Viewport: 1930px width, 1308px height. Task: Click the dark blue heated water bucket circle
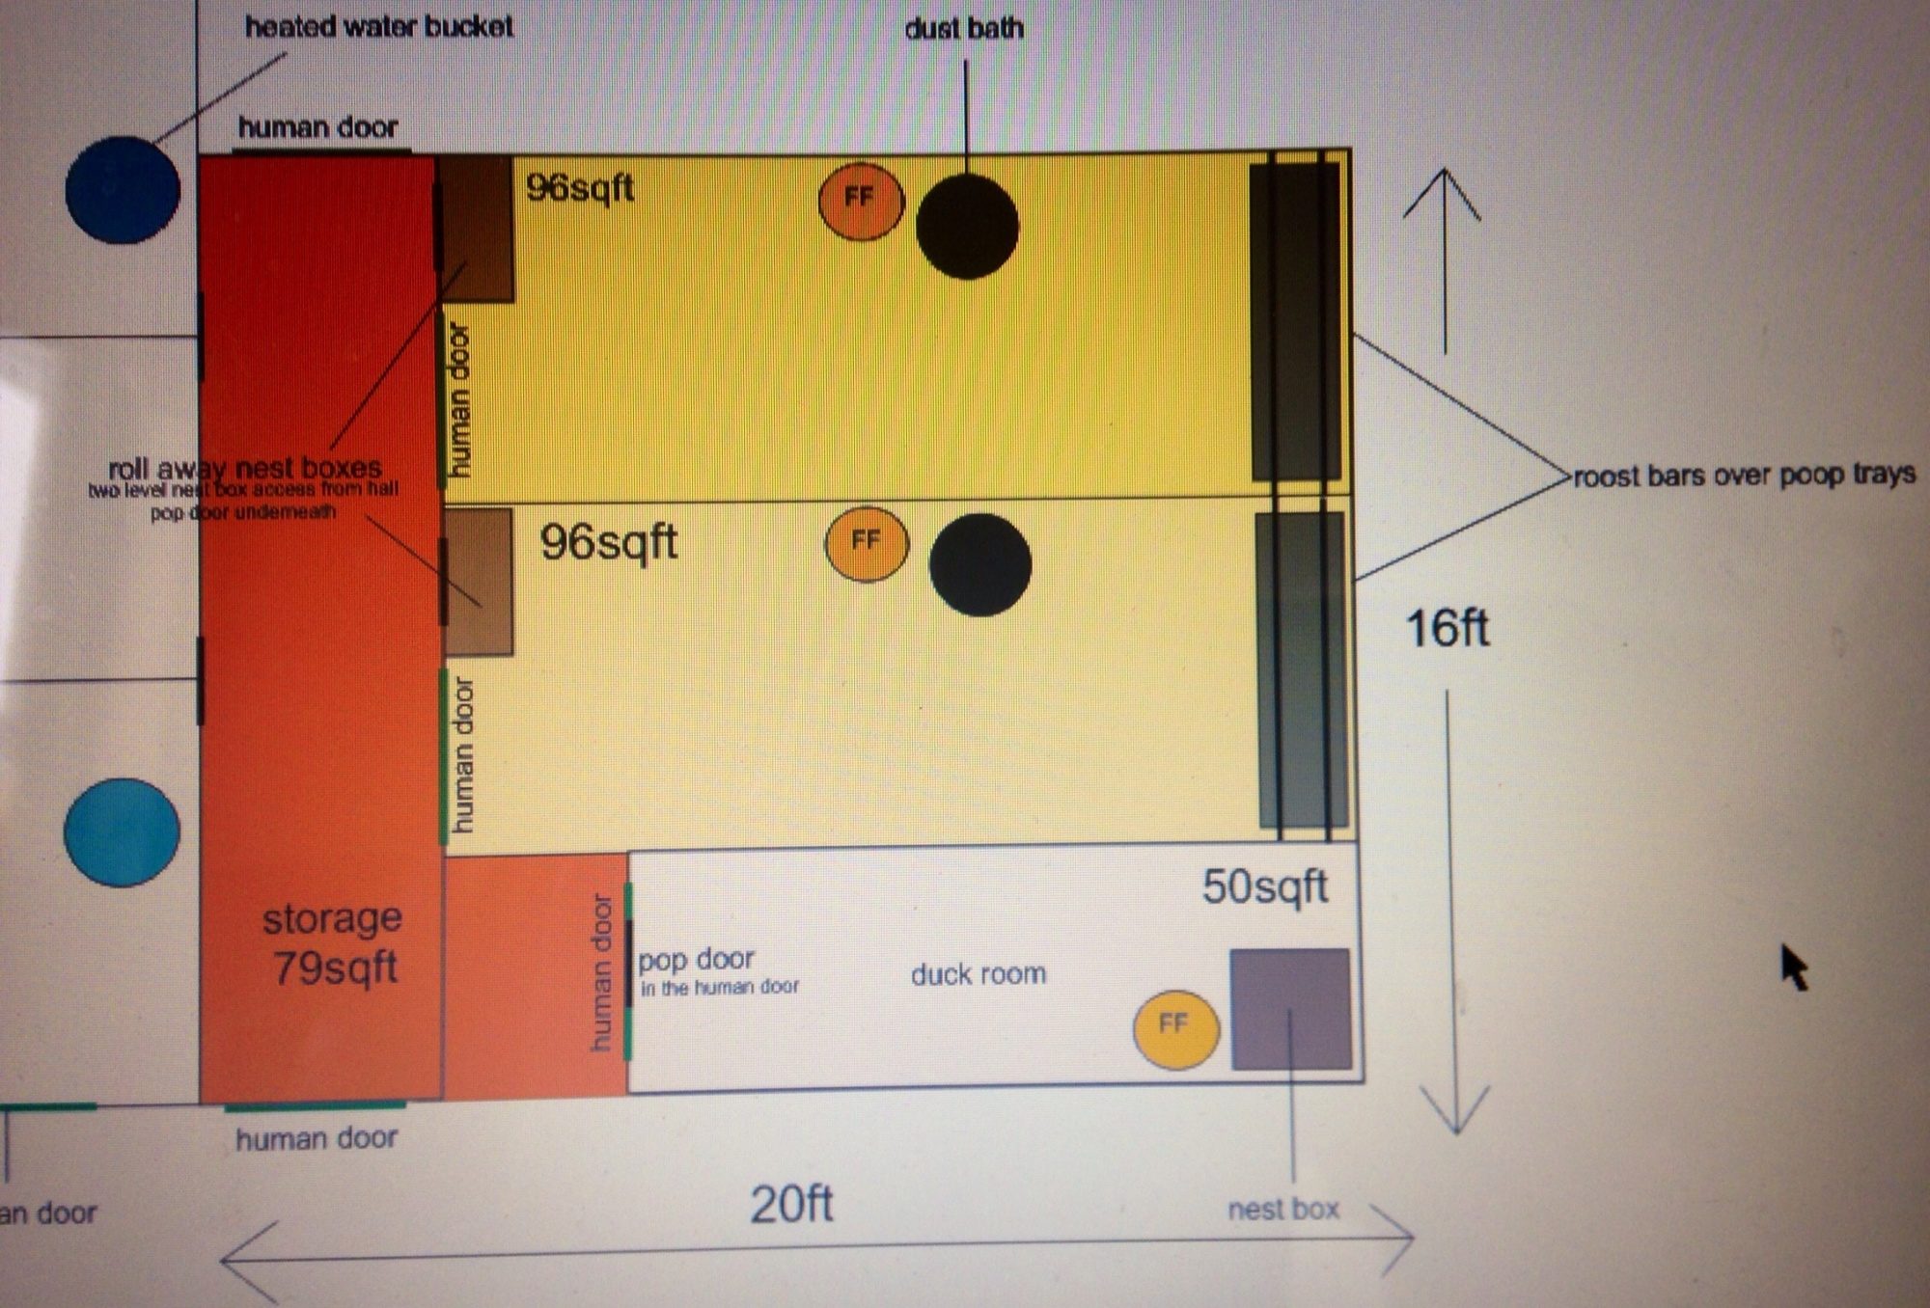(x=123, y=190)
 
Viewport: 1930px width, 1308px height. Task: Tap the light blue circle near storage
(x=122, y=831)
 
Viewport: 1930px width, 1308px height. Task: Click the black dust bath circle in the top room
(x=967, y=228)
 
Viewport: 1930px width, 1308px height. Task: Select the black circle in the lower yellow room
(x=979, y=564)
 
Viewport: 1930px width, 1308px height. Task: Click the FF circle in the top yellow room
(x=861, y=200)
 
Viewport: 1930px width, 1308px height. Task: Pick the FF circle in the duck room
(x=1175, y=1028)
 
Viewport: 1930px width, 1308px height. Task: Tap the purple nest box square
(x=1290, y=1009)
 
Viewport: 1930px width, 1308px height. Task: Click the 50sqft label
(x=1264, y=886)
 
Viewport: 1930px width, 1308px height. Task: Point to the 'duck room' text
(x=979, y=974)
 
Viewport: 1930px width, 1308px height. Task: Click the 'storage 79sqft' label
(x=334, y=942)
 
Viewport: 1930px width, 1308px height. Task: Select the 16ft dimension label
(x=1447, y=629)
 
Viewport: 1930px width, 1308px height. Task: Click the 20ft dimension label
(x=791, y=1204)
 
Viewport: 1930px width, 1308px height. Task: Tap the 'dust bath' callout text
(x=963, y=29)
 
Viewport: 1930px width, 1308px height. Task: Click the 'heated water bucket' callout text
(x=378, y=27)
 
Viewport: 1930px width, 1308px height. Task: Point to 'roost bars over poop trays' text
(x=1744, y=476)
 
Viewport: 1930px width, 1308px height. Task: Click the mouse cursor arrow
(x=1793, y=967)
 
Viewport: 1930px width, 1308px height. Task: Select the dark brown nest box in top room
(x=474, y=228)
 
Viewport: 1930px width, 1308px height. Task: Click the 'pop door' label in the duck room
(x=696, y=960)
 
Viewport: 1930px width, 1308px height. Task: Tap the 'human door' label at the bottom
(x=317, y=1139)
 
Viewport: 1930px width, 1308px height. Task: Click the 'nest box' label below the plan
(x=1282, y=1210)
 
